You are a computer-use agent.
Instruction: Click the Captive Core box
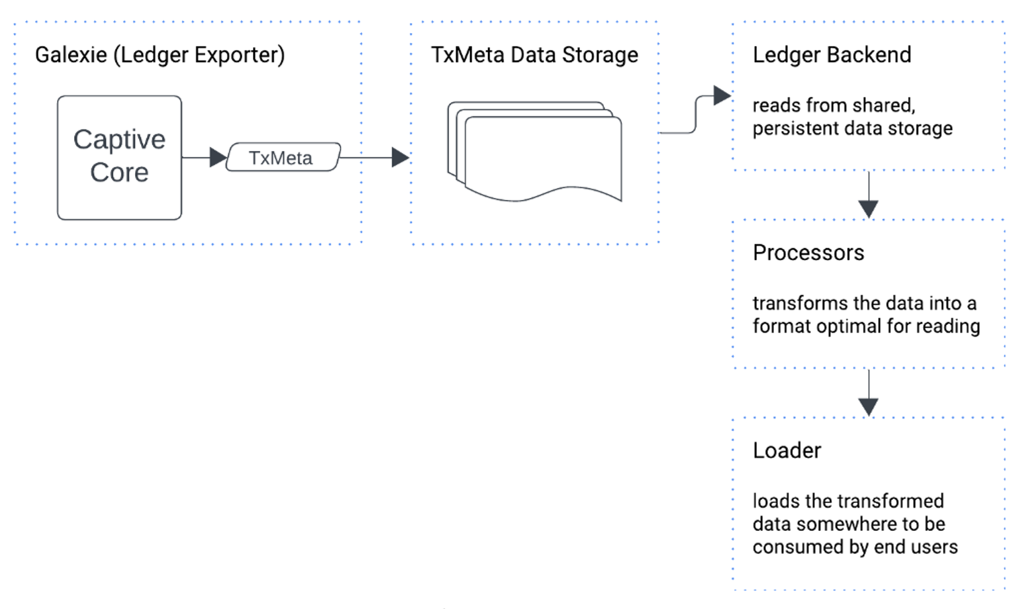point(119,157)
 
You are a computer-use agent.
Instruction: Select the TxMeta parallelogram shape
point(283,158)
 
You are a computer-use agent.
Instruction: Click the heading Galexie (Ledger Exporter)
point(160,55)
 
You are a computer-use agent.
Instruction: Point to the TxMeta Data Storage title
point(534,55)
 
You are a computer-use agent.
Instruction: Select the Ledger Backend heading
point(832,55)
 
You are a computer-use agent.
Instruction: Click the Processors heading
point(808,253)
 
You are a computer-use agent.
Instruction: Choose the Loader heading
point(787,451)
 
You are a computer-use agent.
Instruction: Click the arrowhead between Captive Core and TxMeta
point(218,158)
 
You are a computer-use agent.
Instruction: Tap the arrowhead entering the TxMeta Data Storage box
point(400,158)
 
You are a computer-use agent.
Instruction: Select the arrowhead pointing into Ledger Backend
point(722,96)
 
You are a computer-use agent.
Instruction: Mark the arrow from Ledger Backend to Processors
point(868,196)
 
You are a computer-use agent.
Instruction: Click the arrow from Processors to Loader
point(868,394)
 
